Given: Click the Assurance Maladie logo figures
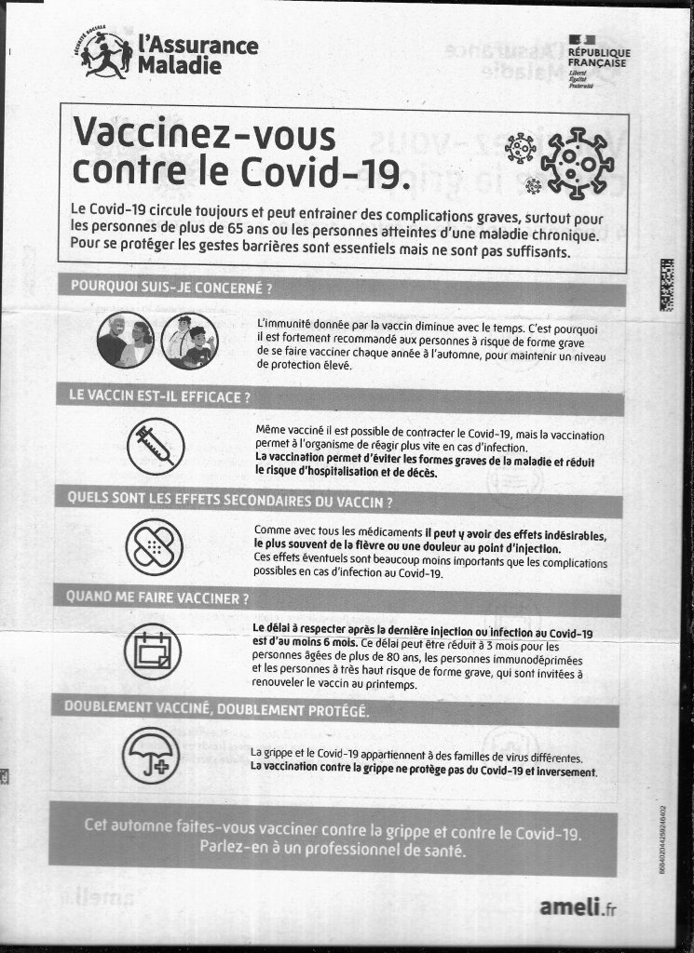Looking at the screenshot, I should [x=105, y=55].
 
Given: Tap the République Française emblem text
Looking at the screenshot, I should [x=599, y=58].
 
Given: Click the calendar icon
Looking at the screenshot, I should [x=153, y=649].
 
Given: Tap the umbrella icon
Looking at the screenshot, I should [x=152, y=752].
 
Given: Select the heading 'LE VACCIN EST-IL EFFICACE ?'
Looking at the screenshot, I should [x=160, y=396].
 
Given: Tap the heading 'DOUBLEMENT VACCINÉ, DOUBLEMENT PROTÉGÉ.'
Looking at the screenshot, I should [x=216, y=709].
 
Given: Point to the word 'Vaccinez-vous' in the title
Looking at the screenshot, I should [x=204, y=136].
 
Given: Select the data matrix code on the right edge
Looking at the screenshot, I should [x=666, y=285].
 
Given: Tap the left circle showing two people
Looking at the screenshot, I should [x=125, y=341].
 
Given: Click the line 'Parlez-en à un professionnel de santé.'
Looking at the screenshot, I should [x=333, y=849].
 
